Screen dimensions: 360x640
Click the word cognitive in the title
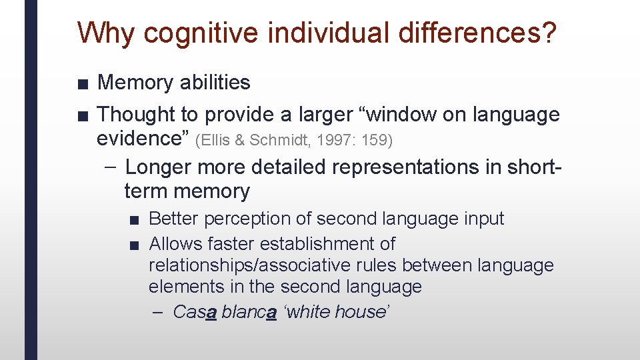click(187, 33)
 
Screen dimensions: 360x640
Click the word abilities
click(214, 83)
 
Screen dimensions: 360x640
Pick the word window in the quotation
click(389, 115)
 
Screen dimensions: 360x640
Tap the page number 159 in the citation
click(378, 140)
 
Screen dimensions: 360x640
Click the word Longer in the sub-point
click(157, 167)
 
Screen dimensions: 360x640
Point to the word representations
click(399, 167)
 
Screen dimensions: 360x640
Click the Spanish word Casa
click(194, 311)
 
